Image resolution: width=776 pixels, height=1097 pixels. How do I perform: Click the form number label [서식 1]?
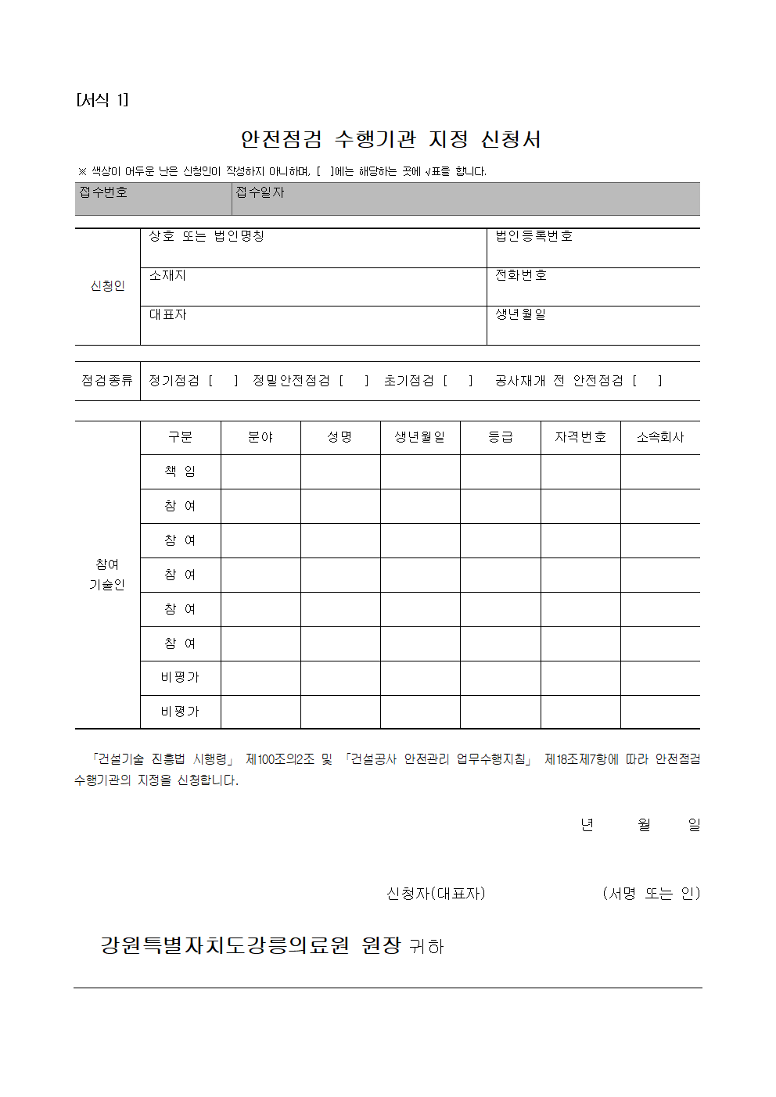pos(102,100)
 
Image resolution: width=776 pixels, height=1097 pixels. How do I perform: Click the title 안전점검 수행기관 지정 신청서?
pos(390,139)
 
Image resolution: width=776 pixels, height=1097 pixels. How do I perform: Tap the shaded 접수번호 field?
pos(153,199)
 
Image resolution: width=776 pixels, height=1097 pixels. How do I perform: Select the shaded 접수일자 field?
pos(465,199)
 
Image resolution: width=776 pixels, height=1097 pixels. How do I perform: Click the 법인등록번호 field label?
pos(533,236)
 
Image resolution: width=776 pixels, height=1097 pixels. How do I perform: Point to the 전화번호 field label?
pos(521,275)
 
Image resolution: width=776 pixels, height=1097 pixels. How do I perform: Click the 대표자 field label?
pos(168,314)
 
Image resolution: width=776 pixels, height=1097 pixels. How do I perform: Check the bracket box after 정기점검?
pos(223,381)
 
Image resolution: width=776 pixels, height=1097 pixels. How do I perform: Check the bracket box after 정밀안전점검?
pos(354,381)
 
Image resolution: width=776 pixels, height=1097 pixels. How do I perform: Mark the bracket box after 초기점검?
pos(458,381)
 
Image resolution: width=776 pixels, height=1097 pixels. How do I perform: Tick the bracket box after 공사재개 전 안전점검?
pos(647,381)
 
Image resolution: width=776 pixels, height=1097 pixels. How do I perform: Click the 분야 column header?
pos(260,437)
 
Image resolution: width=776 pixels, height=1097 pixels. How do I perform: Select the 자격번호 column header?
pos(580,437)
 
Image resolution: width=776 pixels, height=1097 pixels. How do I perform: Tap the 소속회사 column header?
pos(660,437)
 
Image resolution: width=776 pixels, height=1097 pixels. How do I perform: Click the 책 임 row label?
pos(180,471)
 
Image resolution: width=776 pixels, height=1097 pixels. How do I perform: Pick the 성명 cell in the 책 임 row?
pos(340,471)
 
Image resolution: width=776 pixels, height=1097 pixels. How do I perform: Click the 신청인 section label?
pos(108,286)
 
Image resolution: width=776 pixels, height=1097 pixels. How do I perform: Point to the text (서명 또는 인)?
pos(651,893)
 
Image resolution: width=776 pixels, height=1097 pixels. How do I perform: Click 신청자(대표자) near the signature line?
pos(436,893)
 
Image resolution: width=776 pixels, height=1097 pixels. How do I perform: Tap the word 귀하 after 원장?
pos(426,947)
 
